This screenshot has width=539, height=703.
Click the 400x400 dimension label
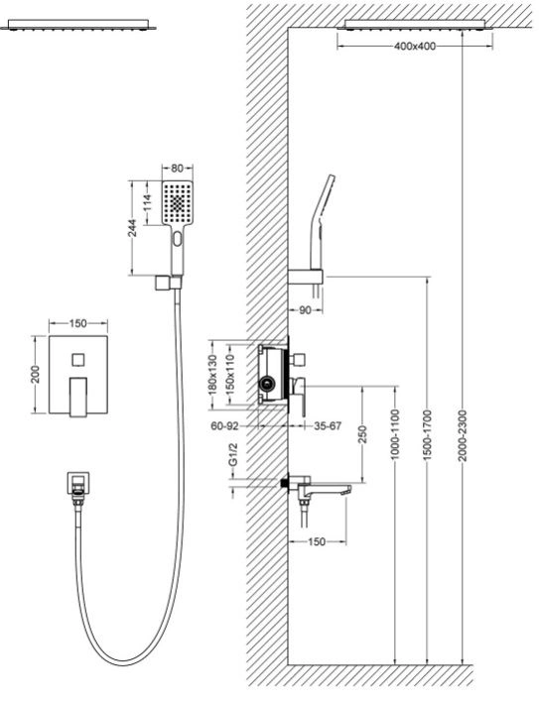(415, 47)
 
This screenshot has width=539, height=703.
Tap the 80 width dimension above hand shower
(178, 169)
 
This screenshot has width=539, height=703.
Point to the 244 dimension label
(132, 228)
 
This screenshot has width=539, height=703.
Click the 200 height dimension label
(36, 375)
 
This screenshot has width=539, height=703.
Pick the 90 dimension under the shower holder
(305, 310)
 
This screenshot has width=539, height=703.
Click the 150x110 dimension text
(230, 375)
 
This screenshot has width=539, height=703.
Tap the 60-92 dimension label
(225, 426)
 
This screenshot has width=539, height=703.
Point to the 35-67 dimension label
(328, 426)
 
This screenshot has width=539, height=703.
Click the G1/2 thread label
(232, 454)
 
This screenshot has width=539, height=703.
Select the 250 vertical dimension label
(362, 434)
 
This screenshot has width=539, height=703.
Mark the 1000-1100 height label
(395, 434)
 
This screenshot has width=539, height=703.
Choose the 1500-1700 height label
(427, 435)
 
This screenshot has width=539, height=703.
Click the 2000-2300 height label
(464, 435)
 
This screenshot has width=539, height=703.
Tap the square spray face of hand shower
(178, 203)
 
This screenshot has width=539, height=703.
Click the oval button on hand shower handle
(178, 239)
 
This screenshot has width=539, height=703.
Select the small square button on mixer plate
(78, 360)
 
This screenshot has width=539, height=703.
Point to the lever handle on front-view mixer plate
(78, 398)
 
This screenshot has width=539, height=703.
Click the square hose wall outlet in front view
(78, 483)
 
